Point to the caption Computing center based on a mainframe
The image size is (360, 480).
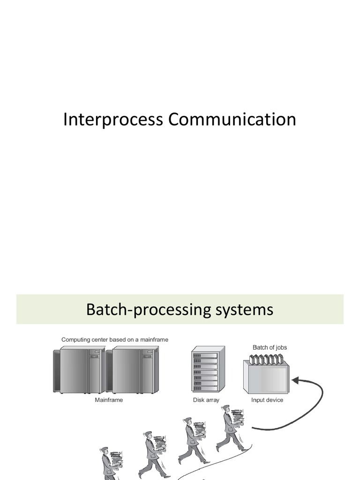pyautogui.click(x=115, y=339)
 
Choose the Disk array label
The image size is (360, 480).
pyautogui.click(x=206, y=400)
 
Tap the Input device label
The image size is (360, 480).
pyautogui.click(x=267, y=400)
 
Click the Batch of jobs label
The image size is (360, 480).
pyautogui.click(x=270, y=347)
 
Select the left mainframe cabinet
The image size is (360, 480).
pyautogui.click(x=79, y=370)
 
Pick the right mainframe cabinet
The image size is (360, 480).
pyautogui.click(x=132, y=370)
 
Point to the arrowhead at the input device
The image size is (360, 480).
pyautogui.click(x=293, y=377)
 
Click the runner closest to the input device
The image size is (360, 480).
pyautogui.click(x=231, y=429)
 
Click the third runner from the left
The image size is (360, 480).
pyautogui.click(x=193, y=441)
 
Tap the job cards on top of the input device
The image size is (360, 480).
pyautogui.click(x=266, y=360)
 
